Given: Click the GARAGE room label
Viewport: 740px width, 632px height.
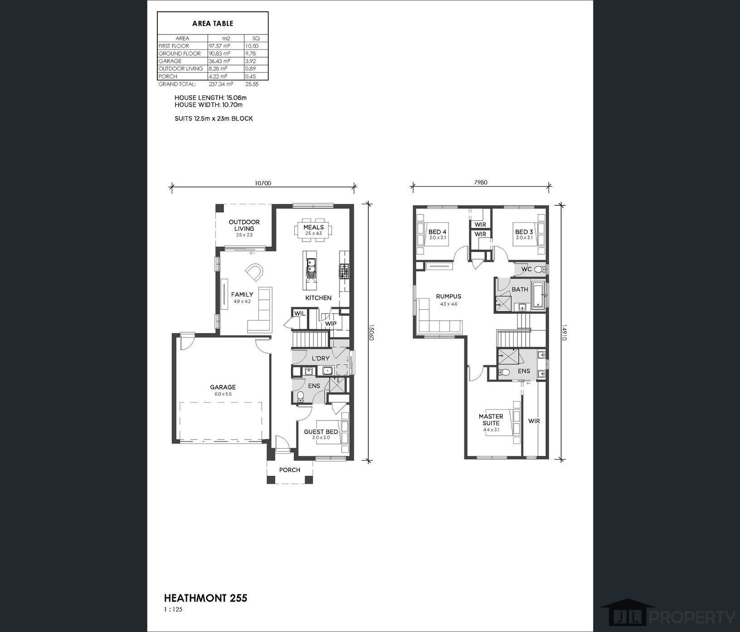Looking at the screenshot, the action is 223,387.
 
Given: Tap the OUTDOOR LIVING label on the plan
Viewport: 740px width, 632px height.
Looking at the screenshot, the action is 244,225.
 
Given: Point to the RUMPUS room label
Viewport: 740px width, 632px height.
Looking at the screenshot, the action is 448,296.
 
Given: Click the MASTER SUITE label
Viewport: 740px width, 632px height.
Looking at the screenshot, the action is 491,420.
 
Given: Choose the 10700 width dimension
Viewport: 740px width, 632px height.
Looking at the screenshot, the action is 263,183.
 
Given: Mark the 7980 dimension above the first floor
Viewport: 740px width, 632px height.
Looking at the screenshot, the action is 481,183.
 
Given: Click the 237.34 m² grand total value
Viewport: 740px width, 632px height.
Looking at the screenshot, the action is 220,84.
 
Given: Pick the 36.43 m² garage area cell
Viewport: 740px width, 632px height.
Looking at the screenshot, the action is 219,61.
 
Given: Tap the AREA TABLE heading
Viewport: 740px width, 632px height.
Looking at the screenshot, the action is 213,23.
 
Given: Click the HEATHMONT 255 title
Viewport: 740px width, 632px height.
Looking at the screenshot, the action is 205,598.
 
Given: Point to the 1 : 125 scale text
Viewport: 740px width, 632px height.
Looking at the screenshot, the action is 173,609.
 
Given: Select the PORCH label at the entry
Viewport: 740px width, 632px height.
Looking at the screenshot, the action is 290,470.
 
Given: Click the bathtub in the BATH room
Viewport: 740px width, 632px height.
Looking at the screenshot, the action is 538,296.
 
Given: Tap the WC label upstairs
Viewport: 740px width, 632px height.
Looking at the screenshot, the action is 526,269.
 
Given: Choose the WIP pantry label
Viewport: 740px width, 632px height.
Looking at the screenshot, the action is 331,324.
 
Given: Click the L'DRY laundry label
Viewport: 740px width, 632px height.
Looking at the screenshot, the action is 321,358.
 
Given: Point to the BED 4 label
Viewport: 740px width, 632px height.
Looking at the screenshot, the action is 438,232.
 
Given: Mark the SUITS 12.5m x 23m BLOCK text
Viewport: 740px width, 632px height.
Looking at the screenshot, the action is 214,118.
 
